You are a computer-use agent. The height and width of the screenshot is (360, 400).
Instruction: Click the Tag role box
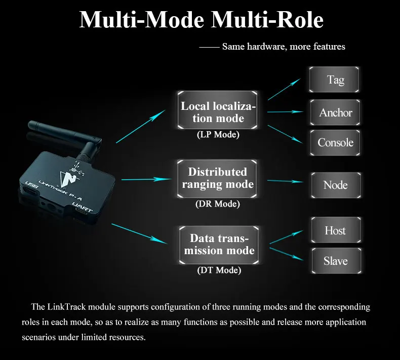334,79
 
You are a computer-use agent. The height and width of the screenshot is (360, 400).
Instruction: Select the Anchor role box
335,112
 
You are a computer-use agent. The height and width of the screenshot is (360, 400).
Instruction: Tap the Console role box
335,143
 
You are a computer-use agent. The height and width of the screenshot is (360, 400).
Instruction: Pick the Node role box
336,185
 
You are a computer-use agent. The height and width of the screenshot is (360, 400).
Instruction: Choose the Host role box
336,230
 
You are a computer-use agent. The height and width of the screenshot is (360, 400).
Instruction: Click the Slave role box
337,261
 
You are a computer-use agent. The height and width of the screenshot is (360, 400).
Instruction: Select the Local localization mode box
218,110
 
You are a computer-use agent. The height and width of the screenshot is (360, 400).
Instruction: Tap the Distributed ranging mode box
217,179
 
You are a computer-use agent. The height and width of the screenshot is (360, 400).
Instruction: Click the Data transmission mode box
219,245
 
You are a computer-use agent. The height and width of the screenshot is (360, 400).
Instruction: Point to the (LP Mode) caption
218,135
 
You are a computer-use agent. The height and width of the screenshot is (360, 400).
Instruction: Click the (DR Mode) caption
218,204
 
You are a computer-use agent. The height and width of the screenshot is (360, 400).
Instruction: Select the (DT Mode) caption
219,270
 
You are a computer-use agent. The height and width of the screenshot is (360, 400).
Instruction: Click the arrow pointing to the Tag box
284,89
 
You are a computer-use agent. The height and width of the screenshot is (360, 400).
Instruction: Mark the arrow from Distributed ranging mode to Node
286,181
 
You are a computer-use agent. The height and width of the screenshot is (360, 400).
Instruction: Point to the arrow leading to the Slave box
287,254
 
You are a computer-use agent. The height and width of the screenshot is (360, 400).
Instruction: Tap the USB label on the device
32,185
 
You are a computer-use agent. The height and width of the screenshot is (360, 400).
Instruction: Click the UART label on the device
82,208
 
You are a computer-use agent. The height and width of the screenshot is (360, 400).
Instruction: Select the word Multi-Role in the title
267,20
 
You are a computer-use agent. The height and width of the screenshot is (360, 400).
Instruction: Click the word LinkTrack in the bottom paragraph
66,307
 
